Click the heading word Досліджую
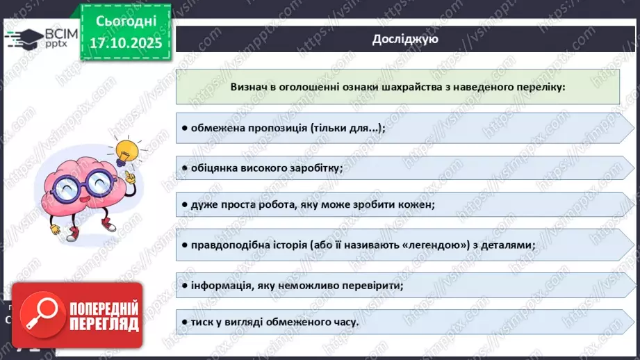(404, 39)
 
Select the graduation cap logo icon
(24, 38)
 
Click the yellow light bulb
(128, 150)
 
